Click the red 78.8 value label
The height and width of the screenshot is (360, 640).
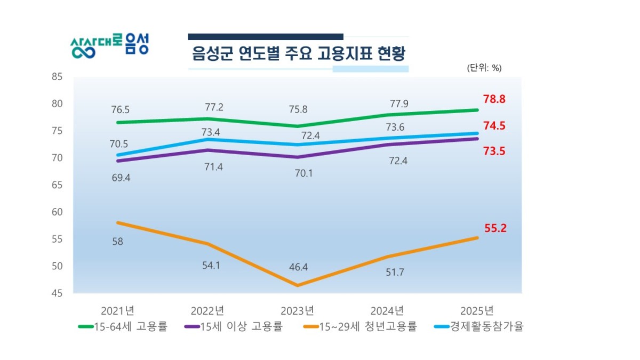click(x=494, y=100)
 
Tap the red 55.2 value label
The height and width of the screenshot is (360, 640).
click(x=495, y=228)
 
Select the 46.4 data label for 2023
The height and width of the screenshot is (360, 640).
click(x=298, y=267)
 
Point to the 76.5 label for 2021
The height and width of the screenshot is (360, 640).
click(x=120, y=110)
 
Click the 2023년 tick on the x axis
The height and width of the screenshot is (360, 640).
click(x=297, y=310)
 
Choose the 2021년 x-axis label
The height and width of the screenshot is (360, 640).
click(x=117, y=310)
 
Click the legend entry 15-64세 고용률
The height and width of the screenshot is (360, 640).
click(x=123, y=326)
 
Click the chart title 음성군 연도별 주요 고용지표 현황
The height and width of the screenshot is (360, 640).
click(x=299, y=54)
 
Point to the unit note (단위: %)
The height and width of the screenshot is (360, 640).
click(x=484, y=68)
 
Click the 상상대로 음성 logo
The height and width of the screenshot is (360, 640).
click(x=110, y=47)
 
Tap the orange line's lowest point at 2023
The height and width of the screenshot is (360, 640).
click(x=298, y=285)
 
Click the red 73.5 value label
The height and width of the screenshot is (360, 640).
click(x=494, y=151)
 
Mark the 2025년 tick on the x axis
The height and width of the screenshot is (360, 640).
click(x=476, y=310)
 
